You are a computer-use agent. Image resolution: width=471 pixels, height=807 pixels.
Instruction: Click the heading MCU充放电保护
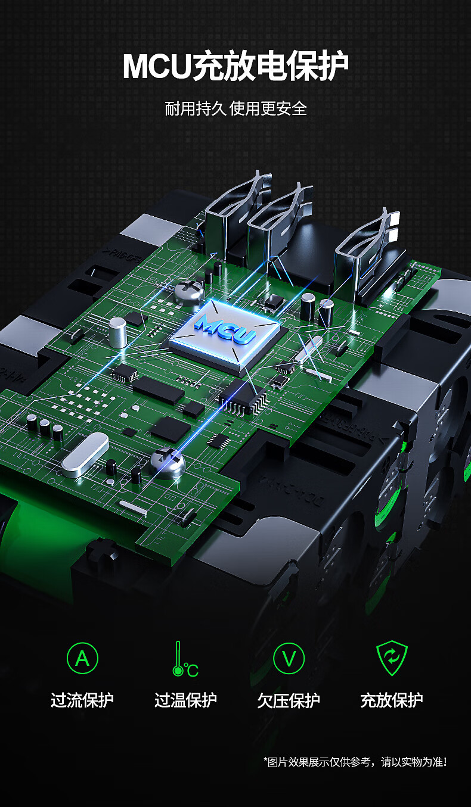235,66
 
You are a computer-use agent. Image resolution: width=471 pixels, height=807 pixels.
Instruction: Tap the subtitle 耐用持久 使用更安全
235,108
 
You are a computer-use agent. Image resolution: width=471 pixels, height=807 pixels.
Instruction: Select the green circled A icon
82,658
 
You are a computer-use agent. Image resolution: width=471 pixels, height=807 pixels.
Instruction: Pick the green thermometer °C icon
185,659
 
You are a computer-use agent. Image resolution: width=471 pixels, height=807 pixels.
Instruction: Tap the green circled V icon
289,658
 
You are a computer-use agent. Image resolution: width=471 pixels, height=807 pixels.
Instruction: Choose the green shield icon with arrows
392,658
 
